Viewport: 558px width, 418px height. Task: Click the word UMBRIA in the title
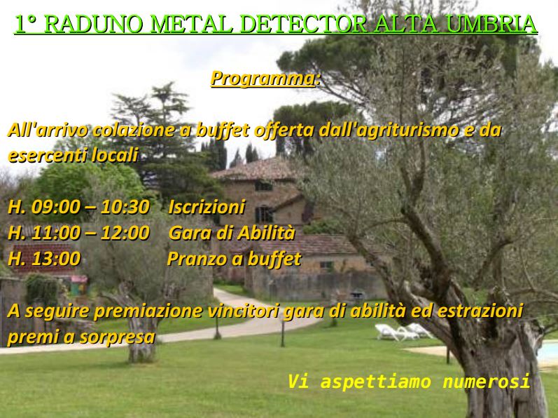[x=491, y=25]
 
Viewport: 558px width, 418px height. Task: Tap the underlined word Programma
[x=263, y=78]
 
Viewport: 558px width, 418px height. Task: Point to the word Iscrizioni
[x=207, y=207]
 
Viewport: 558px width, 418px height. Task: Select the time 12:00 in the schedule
[x=125, y=233]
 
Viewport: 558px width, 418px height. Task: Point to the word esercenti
[x=47, y=156]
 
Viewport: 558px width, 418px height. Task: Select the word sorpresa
[x=118, y=337]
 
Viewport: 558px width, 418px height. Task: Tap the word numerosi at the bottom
[x=486, y=382]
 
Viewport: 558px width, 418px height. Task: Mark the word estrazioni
[x=480, y=311]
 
